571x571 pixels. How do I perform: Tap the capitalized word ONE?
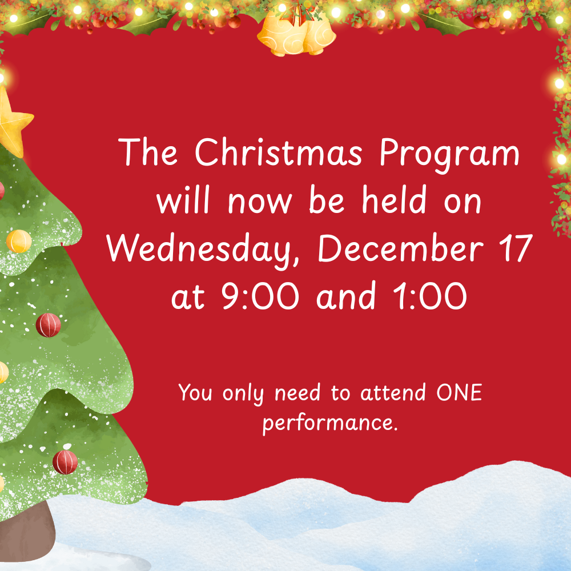pos(459,393)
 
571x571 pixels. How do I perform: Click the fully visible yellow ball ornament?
pos(19,241)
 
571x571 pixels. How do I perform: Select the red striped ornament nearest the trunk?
pos(65,461)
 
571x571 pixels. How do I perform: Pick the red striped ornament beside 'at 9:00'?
pos(49,325)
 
